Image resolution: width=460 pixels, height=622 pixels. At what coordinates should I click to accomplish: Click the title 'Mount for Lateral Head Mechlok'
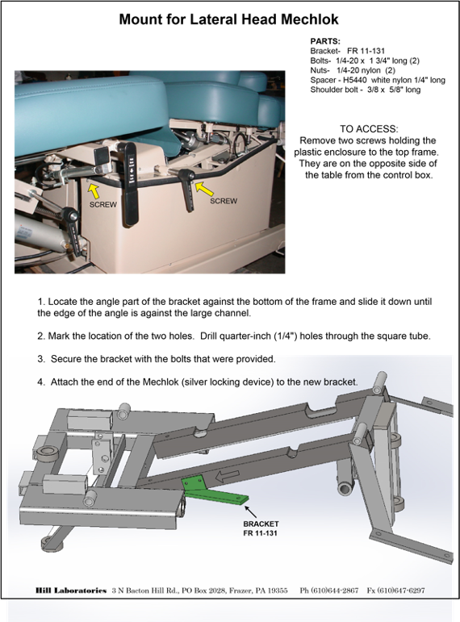coord(228,19)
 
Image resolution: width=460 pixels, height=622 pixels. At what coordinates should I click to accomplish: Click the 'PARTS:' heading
coord(325,41)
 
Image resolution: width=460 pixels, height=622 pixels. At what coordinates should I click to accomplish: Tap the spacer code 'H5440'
coord(355,80)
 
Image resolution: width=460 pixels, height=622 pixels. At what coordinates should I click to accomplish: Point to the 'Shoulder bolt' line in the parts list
coord(365,90)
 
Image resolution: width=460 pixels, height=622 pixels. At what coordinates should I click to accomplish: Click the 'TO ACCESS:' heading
coord(369,129)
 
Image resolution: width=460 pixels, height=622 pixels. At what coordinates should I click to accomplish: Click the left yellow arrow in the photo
coord(94,191)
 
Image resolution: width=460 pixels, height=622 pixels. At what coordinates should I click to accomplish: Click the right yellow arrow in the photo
coord(205,189)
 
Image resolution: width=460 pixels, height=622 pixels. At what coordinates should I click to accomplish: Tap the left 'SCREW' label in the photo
coord(103,205)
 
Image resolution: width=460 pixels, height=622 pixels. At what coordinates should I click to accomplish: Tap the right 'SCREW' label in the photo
coord(224,201)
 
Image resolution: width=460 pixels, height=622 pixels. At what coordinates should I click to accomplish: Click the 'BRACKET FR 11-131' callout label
coord(261,528)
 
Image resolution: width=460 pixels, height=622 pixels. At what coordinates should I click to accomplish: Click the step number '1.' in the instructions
coord(41,302)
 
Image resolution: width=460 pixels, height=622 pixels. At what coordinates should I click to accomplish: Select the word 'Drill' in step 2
coord(208,336)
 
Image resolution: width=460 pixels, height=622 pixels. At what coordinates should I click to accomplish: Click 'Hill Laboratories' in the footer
coord(71,591)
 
